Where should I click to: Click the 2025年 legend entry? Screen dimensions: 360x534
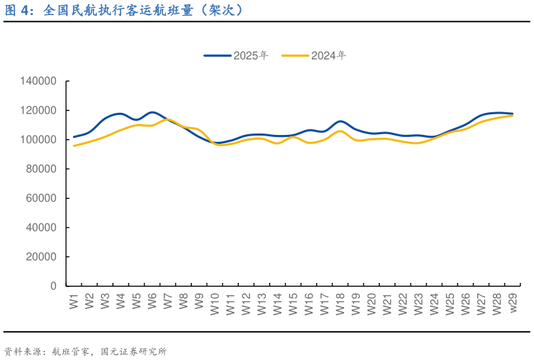236,56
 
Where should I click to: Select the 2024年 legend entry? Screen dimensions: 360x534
314,56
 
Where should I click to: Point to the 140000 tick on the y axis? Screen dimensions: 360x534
39,81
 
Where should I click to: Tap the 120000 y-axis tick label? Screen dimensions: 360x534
39,110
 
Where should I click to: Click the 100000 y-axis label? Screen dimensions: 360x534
39,140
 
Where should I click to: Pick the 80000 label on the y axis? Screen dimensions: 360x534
41,169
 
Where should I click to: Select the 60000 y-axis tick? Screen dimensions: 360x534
41,198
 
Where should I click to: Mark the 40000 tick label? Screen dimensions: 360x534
41,227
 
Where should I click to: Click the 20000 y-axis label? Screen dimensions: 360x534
41,257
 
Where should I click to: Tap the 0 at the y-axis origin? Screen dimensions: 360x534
53,286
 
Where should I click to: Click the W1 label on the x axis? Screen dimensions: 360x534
74,301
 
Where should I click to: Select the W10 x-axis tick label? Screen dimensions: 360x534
215,304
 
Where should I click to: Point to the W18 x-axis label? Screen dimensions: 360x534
340,304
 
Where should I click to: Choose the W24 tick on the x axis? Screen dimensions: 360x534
434,304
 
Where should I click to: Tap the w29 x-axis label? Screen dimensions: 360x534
513,304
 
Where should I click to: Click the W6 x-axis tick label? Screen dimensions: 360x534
152,301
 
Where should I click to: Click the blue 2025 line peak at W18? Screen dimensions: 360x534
341,121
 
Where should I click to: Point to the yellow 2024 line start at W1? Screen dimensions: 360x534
74,145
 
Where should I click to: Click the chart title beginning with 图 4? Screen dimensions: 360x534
124,11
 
